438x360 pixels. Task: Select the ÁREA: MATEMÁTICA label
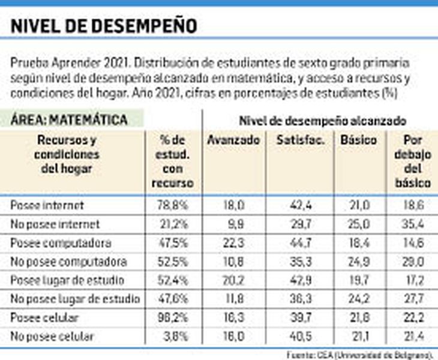69,120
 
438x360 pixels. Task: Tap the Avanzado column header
233,140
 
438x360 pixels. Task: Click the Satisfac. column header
299,140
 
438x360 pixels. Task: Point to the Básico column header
358,140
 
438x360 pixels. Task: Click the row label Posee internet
47,205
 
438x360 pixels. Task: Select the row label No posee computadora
68,262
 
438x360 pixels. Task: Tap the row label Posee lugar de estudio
67,281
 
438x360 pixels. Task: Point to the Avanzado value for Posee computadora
233,243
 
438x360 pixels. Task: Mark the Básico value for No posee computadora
358,262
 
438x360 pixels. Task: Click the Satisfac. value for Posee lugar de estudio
299,281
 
